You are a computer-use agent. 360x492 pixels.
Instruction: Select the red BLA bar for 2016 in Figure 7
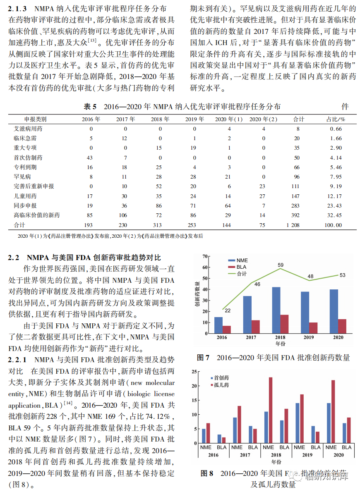(226, 329)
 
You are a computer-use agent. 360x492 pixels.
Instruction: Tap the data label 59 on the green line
(281, 265)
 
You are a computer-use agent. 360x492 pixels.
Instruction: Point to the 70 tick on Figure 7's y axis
(205, 256)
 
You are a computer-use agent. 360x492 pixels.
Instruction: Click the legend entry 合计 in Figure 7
(242, 274)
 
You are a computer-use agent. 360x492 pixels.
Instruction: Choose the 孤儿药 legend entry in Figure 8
(221, 385)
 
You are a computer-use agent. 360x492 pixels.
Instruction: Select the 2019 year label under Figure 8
(307, 455)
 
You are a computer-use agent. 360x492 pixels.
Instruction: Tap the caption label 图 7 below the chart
(204, 357)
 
